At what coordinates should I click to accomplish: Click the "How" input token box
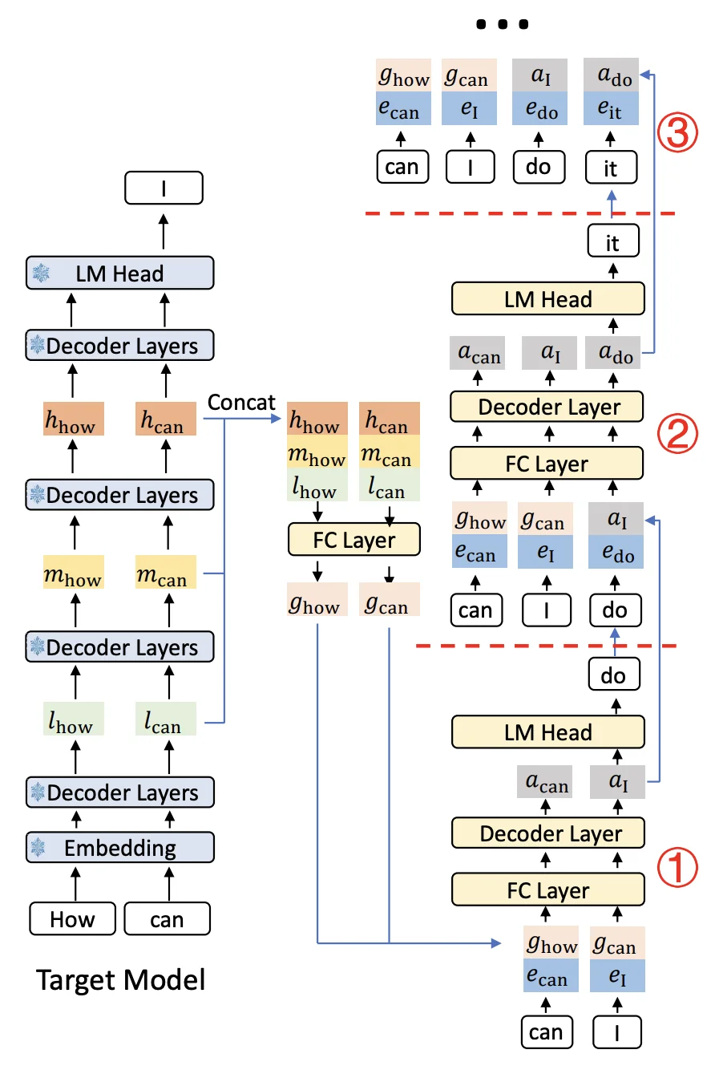pyautogui.click(x=72, y=918)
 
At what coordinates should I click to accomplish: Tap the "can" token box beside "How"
pyautogui.click(x=167, y=918)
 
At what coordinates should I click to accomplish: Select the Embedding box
pyautogui.click(x=120, y=848)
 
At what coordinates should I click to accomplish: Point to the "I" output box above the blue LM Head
pyautogui.click(x=164, y=189)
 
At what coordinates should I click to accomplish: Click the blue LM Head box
pyautogui.click(x=120, y=274)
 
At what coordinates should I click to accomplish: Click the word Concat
pyautogui.click(x=241, y=403)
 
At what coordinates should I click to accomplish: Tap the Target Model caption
pyautogui.click(x=120, y=979)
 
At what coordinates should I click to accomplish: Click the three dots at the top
pyautogui.click(x=502, y=25)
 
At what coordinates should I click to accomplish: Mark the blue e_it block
pyautogui.click(x=612, y=109)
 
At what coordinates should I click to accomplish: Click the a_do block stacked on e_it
pyautogui.click(x=612, y=75)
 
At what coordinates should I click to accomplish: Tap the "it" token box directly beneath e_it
pyautogui.click(x=612, y=168)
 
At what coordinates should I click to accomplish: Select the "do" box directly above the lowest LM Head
pyautogui.click(x=613, y=675)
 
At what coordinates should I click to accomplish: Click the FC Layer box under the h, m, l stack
pyautogui.click(x=354, y=541)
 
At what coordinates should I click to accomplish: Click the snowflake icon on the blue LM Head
pyautogui.click(x=40, y=274)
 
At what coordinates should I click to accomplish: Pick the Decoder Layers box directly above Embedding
pyautogui.click(x=120, y=792)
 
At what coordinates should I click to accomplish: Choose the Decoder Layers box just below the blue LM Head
pyautogui.click(x=120, y=346)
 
